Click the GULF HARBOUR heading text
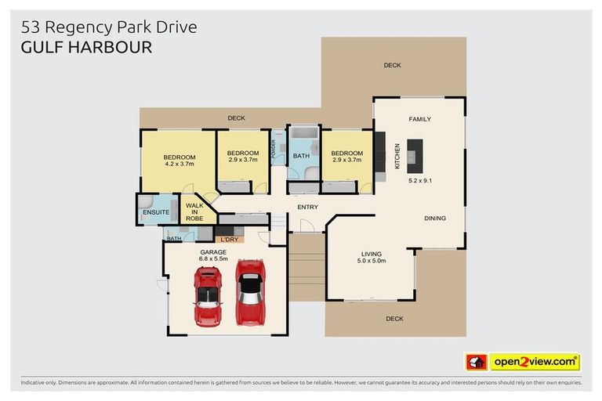pyautogui.click(x=86, y=47)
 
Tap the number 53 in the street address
pyautogui.click(x=31, y=27)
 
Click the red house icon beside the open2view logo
pyautogui.click(x=475, y=362)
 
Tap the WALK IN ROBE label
pyautogui.click(x=194, y=212)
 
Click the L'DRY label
pyautogui.click(x=229, y=239)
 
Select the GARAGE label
pyautogui.click(x=212, y=251)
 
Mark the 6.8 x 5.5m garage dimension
pyautogui.click(x=212, y=259)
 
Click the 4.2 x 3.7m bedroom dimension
pyautogui.click(x=180, y=164)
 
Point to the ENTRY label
pyautogui.click(x=307, y=207)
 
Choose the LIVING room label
pyautogui.click(x=372, y=253)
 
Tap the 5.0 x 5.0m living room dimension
pyautogui.click(x=372, y=261)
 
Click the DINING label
pyautogui.click(x=435, y=219)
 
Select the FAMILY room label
pyautogui.click(x=419, y=119)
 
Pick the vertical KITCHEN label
pyautogui.click(x=397, y=156)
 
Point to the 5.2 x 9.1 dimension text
pyautogui.click(x=420, y=180)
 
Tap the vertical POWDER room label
pyautogui.click(x=274, y=149)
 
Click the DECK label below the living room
pyautogui.click(x=394, y=319)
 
